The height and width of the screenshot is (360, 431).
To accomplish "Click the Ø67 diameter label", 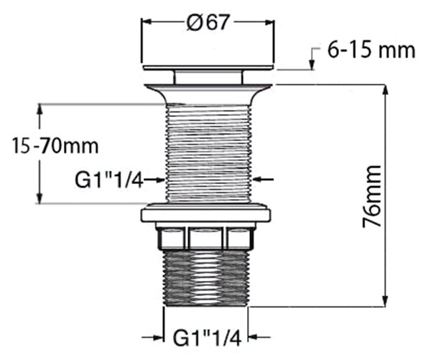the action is point(208,22).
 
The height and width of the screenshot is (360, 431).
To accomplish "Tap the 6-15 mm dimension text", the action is point(371,50).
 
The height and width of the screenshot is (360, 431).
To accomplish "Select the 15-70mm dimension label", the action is point(55,146).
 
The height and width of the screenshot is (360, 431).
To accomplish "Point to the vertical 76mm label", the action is point(371,196).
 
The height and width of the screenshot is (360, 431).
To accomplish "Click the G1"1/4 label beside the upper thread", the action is point(109,180).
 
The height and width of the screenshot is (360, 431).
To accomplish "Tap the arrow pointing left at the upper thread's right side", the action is point(264,180).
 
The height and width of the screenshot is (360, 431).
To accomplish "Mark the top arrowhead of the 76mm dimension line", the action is point(386,91).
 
